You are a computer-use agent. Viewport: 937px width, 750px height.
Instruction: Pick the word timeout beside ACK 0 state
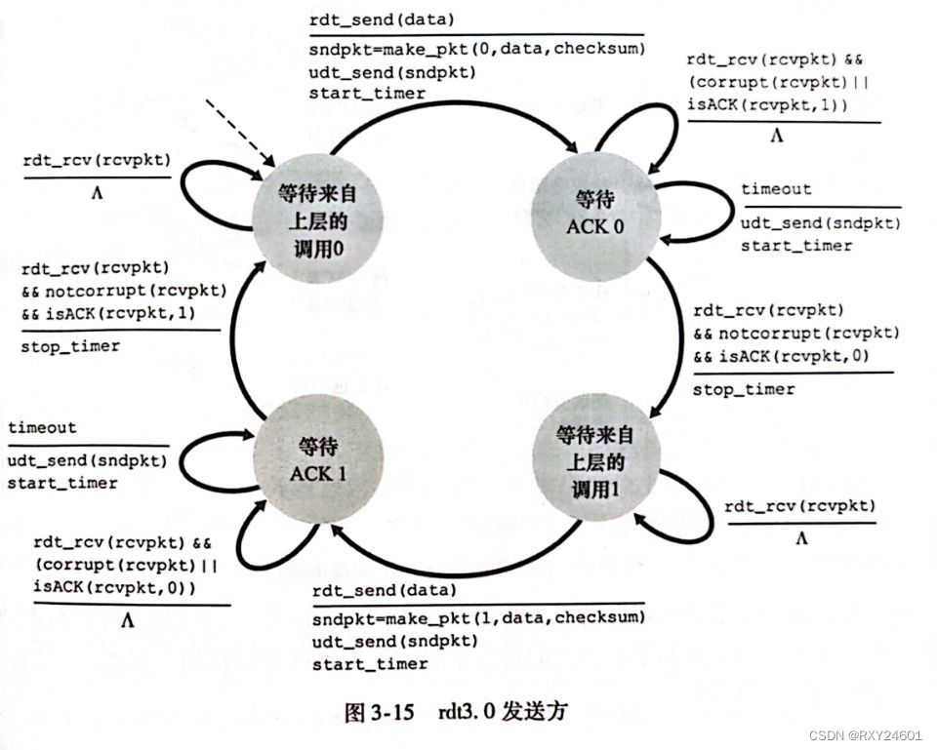click(x=776, y=189)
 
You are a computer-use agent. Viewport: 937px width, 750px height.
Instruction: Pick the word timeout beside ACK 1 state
click(x=42, y=427)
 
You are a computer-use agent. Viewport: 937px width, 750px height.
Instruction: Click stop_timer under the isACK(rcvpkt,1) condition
click(x=69, y=346)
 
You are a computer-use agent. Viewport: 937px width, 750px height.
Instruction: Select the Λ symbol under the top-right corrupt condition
click(x=777, y=138)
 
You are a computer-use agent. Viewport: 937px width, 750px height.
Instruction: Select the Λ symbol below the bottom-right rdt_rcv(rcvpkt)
click(x=801, y=537)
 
